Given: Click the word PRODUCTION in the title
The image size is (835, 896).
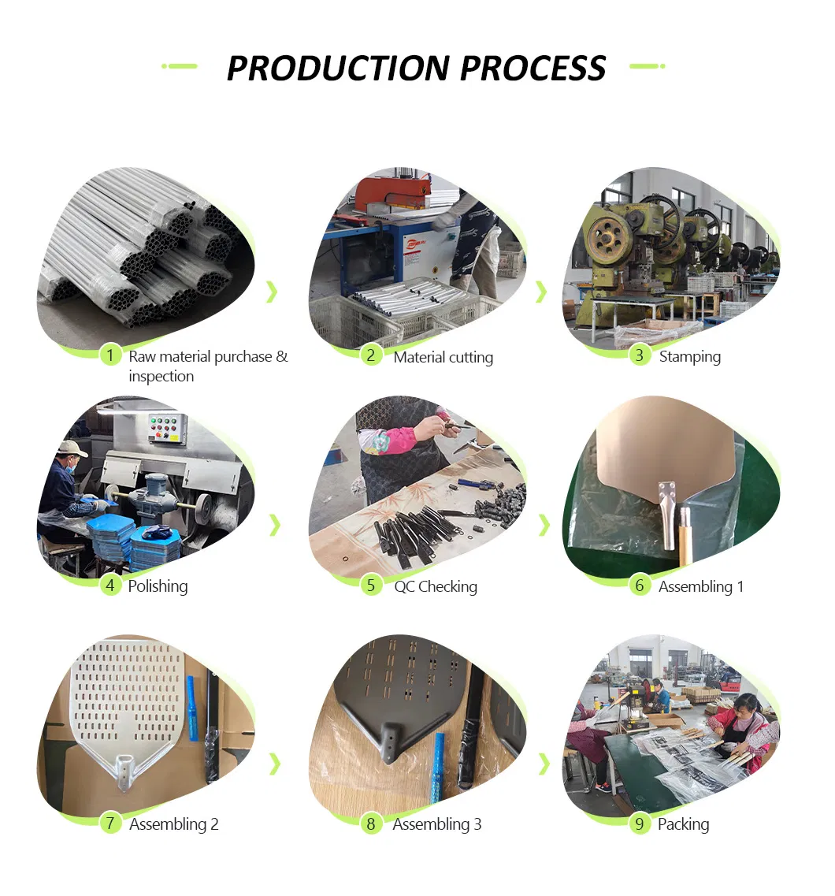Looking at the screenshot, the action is click(x=338, y=68).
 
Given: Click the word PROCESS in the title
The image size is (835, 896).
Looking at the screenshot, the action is click(x=533, y=68).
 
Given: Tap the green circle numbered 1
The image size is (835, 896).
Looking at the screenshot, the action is click(x=110, y=355).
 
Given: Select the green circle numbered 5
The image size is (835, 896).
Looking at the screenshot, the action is click(x=371, y=586).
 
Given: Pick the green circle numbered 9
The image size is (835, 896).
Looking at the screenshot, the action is click(x=640, y=824).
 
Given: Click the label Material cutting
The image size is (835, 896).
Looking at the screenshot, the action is click(x=443, y=358).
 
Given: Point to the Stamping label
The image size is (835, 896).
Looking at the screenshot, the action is click(x=690, y=357).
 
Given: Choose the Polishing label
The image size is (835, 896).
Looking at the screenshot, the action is click(x=158, y=586).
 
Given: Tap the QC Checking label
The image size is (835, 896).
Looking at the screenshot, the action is click(x=436, y=587).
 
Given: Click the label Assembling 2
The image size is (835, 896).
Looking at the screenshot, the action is click(x=173, y=824).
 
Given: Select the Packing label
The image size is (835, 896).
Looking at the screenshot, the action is click(x=683, y=824).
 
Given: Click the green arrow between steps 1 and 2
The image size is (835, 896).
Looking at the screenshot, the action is click(x=273, y=292).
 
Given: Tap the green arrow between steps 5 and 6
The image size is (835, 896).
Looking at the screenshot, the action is click(x=544, y=525).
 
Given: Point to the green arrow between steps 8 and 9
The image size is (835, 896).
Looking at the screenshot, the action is click(x=544, y=764).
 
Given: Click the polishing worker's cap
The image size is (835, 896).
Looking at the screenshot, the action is click(x=72, y=448).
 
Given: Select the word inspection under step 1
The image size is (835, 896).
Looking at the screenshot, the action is click(x=161, y=377).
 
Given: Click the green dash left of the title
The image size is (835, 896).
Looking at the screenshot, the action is click(x=180, y=66).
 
